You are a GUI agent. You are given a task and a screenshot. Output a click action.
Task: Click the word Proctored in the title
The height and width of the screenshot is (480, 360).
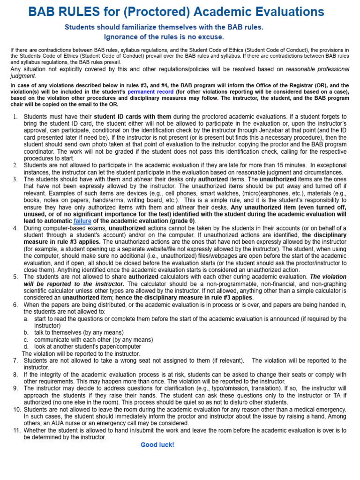[x=155, y=12]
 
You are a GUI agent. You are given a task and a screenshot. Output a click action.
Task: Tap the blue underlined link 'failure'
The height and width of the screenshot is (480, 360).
[x=82, y=221]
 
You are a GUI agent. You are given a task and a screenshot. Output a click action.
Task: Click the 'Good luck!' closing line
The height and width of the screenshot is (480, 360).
[x=157, y=444]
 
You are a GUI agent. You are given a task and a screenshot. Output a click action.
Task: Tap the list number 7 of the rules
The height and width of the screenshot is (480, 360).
[x=15, y=360]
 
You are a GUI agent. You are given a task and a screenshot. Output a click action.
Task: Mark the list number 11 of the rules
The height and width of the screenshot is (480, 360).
[x=16, y=430]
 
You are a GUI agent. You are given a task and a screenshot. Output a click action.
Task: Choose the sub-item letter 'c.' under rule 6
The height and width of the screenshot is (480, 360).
[x=26, y=339]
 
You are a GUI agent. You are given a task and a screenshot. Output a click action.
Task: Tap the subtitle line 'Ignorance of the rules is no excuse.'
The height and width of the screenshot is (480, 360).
[x=164, y=37]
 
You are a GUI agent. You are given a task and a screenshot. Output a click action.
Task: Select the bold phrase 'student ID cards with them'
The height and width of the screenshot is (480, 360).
[x=133, y=116]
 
